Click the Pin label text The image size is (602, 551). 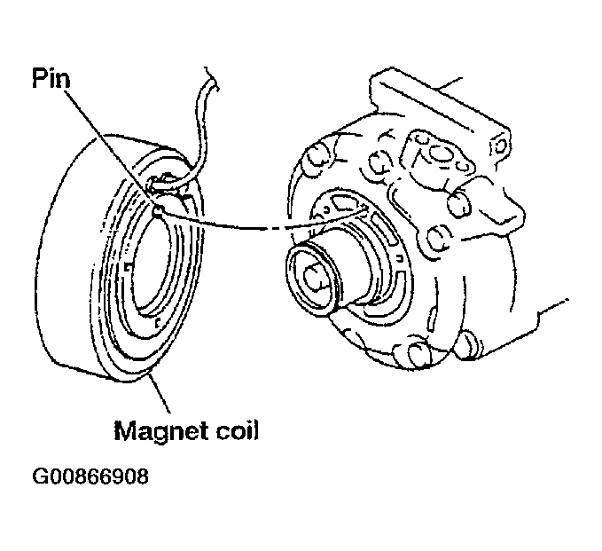[51, 78]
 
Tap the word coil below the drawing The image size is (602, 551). [237, 429]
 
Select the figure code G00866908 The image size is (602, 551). [90, 476]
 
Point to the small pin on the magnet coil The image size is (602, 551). [158, 209]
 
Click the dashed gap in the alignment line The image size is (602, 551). [272, 230]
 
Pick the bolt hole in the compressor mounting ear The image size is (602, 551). [499, 145]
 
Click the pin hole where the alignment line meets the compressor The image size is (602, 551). [364, 209]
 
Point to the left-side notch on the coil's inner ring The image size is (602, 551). [129, 267]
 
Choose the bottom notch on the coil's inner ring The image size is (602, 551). [158, 323]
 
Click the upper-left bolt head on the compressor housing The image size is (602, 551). [317, 153]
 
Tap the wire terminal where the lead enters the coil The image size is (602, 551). [163, 181]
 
